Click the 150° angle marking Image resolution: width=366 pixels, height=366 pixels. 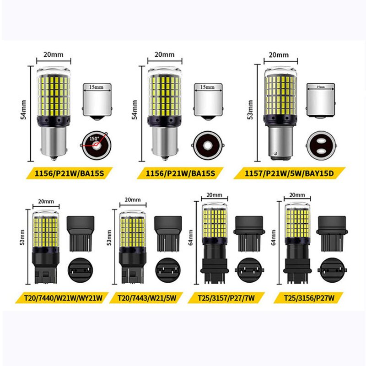[94, 137]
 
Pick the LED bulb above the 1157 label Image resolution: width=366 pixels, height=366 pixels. [280, 112]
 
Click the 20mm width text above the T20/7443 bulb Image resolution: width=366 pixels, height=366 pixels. [133, 200]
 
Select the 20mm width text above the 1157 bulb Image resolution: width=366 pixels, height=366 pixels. [279, 55]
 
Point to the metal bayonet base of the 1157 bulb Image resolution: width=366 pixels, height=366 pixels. [280, 144]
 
